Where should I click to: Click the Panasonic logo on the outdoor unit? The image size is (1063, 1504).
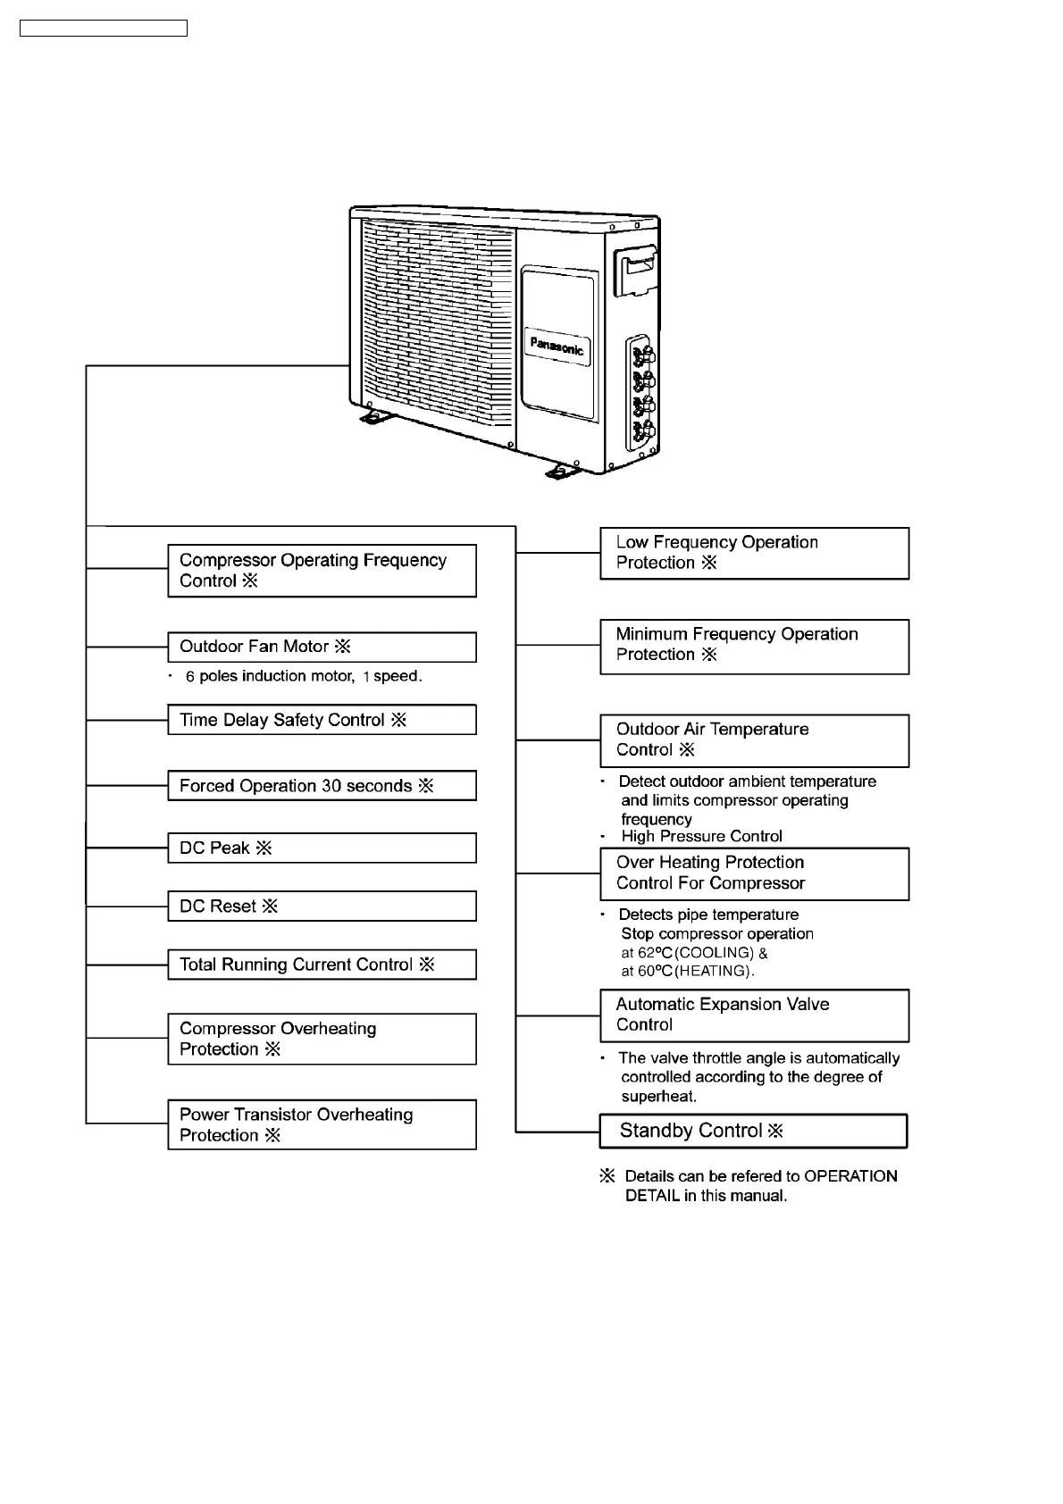(x=557, y=347)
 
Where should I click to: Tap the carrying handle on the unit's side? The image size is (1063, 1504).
(x=636, y=270)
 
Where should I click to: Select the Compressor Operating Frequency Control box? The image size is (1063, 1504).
(x=322, y=571)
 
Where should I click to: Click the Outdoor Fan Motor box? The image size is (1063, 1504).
(x=322, y=647)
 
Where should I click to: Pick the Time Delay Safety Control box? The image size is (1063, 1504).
(x=322, y=720)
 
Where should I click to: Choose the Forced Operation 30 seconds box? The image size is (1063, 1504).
(x=322, y=786)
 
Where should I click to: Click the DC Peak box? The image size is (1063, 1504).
(x=322, y=848)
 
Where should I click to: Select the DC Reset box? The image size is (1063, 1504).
(x=322, y=907)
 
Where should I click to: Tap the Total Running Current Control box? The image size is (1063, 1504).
(x=322, y=965)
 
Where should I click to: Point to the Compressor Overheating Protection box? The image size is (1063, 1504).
(x=322, y=1039)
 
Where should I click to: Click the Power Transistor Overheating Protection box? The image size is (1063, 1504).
(x=322, y=1124)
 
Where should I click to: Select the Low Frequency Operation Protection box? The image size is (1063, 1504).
(x=754, y=553)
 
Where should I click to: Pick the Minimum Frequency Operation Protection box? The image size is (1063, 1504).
(x=754, y=647)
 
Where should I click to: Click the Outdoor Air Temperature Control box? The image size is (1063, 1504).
(x=754, y=740)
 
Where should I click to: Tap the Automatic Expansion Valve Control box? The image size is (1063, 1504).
(x=754, y=1015)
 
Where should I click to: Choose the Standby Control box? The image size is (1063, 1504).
(x=753, y=1131)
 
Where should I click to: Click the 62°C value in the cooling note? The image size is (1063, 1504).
(x=655, y=953)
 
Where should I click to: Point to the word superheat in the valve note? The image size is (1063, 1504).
(x=659, y=1097)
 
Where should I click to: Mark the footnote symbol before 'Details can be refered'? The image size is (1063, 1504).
(x=607, y=1176)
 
